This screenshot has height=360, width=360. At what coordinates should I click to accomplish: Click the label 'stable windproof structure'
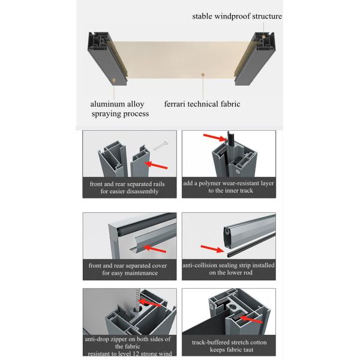pos(237,17)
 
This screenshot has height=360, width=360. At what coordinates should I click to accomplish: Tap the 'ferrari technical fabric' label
pos(202,104)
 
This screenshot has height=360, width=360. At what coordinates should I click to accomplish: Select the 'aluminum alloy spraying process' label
pos(119,109)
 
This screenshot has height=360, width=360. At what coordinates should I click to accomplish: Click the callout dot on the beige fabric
pos(203,74)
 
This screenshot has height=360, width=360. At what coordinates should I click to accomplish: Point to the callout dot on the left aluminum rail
pos(114,80)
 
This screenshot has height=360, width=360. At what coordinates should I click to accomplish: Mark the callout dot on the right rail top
pos(263,37)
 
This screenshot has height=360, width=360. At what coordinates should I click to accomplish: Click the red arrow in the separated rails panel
pos(156,165)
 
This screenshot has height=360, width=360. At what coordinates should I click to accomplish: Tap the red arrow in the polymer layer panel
pos(215,137)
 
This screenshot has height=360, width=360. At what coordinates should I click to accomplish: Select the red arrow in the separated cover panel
pos(155,249)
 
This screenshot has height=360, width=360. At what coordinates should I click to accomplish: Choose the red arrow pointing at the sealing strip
pos(212,248)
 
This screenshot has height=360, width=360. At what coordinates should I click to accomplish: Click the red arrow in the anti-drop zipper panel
pos(151,303)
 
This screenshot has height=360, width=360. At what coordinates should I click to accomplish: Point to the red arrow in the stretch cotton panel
pos(251,319)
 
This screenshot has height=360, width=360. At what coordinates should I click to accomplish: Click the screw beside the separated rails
pos(161,145)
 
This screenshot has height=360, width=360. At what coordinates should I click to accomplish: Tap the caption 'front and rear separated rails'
pos(127,184)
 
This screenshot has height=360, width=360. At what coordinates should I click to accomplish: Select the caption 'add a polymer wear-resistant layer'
pos(229,183)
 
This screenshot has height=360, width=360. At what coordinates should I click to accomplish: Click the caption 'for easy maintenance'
pos(130,273)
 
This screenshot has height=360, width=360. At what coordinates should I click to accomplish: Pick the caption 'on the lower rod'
pos(230,272)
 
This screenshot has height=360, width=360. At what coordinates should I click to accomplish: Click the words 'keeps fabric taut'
pos(232,350)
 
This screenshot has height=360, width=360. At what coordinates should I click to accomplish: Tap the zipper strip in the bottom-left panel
pos(137,300)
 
